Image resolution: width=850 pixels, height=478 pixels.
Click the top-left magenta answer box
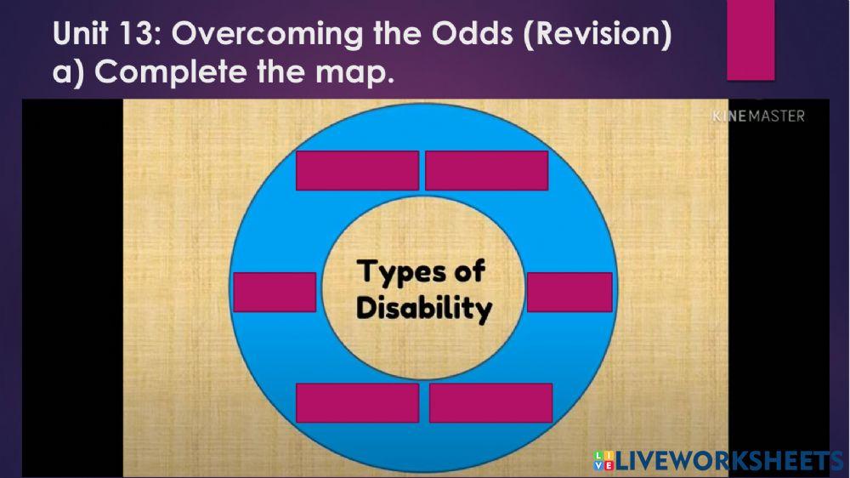(357, 170)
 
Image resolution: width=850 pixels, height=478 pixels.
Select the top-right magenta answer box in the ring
(486, 170)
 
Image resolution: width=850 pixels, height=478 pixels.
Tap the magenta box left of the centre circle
(275, 292)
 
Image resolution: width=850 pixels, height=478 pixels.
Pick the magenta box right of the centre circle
(569, 292)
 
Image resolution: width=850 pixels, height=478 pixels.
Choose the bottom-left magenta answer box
(357, 402)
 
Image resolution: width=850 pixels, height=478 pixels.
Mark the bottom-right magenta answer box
(490, 402)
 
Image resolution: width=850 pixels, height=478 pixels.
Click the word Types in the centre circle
(402, 273)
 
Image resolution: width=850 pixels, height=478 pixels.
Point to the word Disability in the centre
(424, 308)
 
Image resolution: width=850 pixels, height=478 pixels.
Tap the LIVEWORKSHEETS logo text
(729, 461)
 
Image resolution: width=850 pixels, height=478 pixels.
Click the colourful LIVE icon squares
(603, 461)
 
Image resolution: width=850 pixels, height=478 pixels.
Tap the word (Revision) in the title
(600, 34)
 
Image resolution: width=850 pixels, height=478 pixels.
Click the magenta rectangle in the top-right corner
(751, 38)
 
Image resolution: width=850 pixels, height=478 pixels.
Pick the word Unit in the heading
(81, 34)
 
